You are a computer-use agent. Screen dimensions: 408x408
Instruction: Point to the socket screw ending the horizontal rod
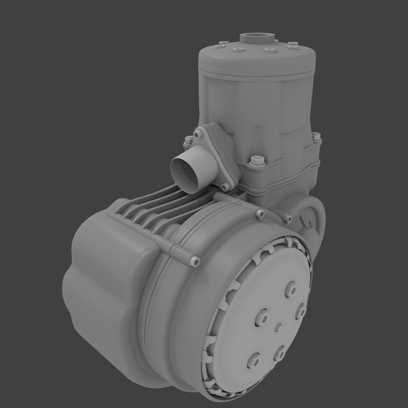point(195,261)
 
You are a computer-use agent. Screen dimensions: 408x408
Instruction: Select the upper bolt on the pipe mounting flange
point(198,134)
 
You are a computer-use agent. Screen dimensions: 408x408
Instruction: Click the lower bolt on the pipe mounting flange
point(225,187)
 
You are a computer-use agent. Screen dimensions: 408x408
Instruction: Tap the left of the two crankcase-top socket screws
point(260,215)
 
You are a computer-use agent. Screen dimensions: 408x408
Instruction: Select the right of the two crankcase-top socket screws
point(288,219)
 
